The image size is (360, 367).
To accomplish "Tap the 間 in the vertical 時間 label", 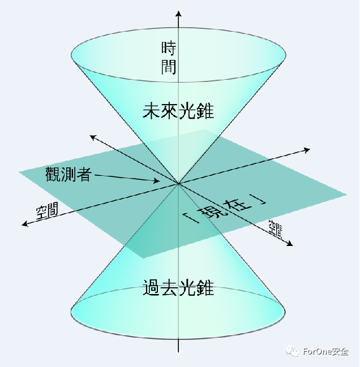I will tap(169, 67).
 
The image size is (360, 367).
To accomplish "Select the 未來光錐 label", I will tap(178, 111).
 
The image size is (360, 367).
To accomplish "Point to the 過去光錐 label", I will tap(178, 288).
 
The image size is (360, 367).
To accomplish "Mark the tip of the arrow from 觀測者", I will tap(160, 182).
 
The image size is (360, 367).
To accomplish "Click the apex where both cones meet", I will tap(179, 184).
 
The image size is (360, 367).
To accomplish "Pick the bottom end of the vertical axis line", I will tap(179, 352).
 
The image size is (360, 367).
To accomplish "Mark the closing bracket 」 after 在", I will tap(259, 199).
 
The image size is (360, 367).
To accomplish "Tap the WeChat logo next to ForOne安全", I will tap(293, 351).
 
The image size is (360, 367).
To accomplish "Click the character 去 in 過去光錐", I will tap(169, 288).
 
